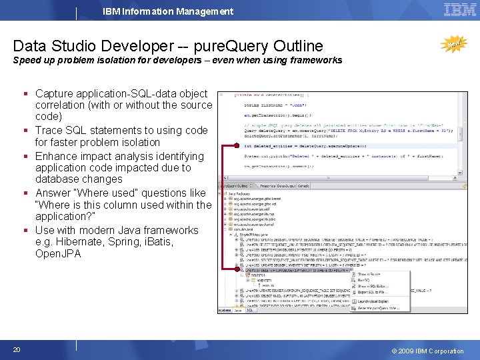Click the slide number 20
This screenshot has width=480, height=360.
point(16,350)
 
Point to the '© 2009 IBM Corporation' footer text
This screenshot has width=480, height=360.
point(427,351)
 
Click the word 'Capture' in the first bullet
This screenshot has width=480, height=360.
point(55,94)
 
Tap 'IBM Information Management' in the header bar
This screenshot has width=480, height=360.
point(168,11)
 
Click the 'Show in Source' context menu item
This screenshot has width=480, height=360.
point(369,274)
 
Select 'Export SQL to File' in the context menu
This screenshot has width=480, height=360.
point(372,292)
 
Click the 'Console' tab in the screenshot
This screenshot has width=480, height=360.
point(303,186)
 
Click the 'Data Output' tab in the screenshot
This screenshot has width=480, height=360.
point(286,186)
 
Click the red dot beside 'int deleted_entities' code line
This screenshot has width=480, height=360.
point(225,145)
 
